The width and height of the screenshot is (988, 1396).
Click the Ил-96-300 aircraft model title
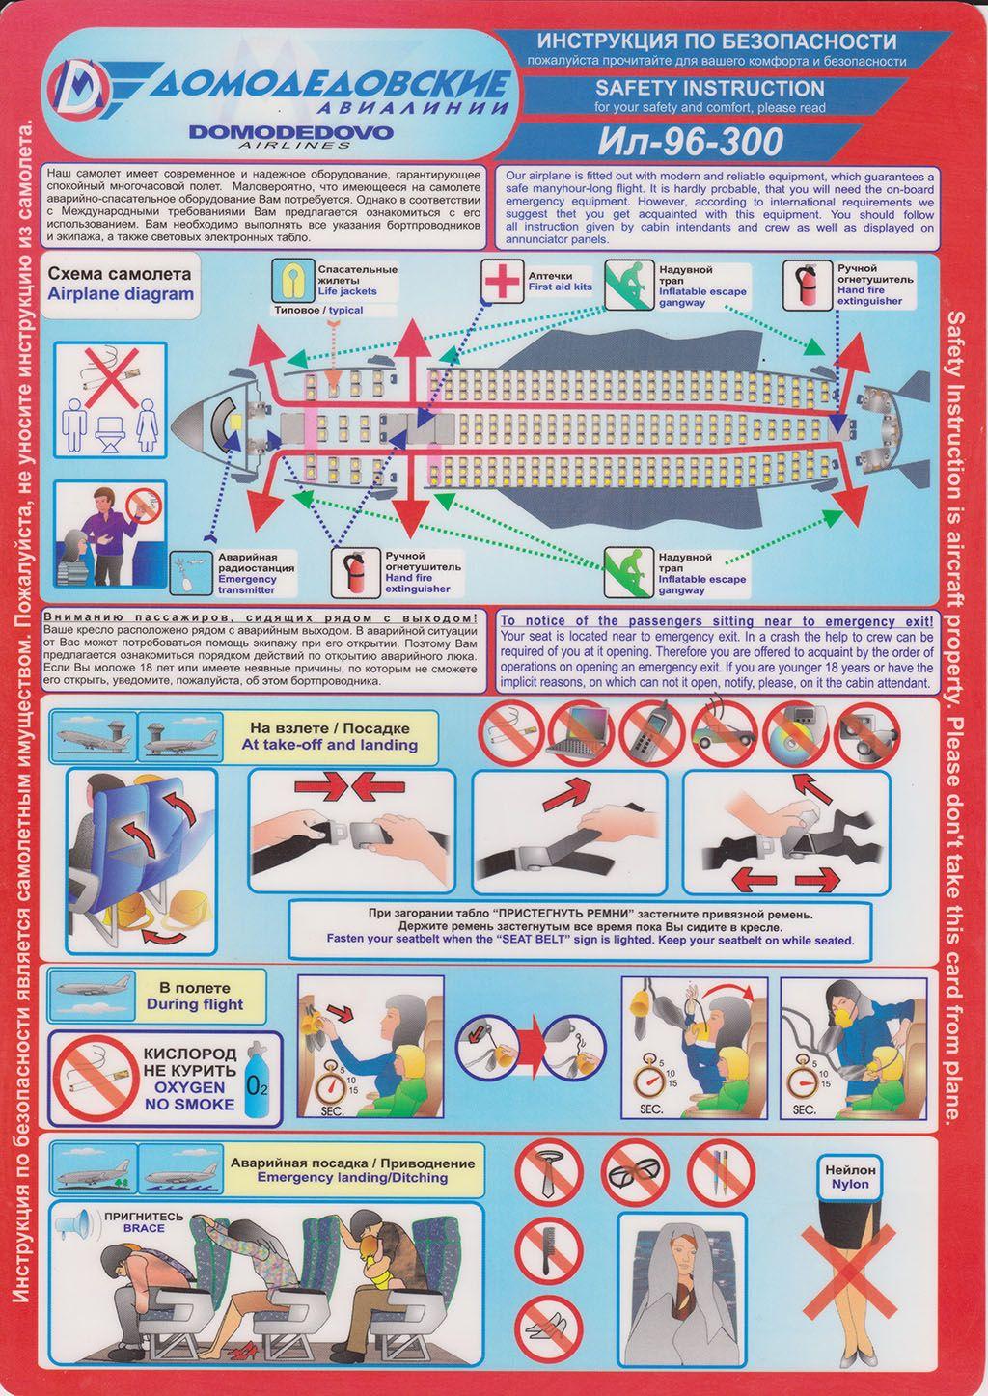691,142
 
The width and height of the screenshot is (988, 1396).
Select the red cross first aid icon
502,281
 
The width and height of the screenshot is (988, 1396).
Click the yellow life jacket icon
292,281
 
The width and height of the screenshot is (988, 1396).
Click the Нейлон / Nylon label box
850,1178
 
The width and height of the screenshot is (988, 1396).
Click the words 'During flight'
195,1004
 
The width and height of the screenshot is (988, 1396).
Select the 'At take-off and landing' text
329,744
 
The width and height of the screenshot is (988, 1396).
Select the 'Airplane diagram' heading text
121,294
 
